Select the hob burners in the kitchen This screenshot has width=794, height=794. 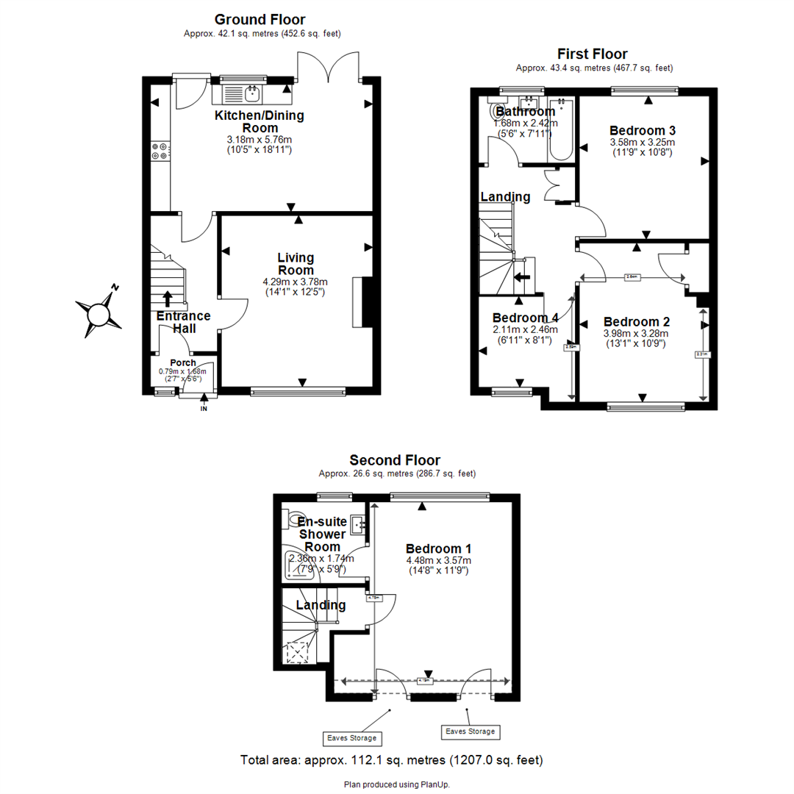pos(160,151)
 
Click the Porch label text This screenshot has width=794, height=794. pos(183,362)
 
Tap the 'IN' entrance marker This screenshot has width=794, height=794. pos(204,409)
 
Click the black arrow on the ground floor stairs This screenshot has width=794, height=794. pos(167,298)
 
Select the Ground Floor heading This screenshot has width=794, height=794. pos(260,20)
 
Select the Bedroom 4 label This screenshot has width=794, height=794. pos(525,318)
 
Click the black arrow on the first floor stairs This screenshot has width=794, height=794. pos(521,277)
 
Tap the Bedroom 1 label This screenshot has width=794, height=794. pos(438,548)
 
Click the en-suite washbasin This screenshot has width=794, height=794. pos(358,524)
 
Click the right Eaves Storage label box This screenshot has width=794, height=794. pos(470,732)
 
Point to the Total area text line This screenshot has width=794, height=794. pos(392,759)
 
